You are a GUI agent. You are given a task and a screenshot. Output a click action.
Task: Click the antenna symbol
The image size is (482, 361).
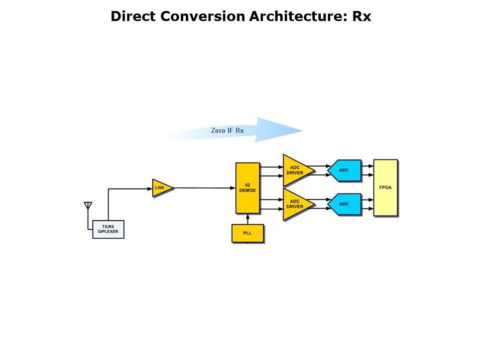pyautogui.click(x=88, y=206)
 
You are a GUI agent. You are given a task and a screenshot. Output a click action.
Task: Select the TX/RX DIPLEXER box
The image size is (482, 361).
pyautogui.click(x=108, y=229)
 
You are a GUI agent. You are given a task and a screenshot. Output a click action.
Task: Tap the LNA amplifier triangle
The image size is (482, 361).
pyautogui.click(x=162, y=188)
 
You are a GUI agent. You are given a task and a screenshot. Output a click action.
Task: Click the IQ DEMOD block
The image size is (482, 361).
pyautogui.click(x=248, y=188)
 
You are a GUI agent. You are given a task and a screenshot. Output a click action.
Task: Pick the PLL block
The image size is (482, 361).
pyautogui.click(x=248, y=233)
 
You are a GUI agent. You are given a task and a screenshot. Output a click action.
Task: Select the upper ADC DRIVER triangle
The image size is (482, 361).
pyautogui.click(x=296, y=170)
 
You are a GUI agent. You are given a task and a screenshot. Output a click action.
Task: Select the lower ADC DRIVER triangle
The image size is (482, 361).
pyautogui.click(x=296, y=204)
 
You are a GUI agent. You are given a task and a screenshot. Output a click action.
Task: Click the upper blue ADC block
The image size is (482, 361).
pyautogui.click(x=345, y=170)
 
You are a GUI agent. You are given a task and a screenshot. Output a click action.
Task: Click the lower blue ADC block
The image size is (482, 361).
pyautogui.click(x=345, y=204)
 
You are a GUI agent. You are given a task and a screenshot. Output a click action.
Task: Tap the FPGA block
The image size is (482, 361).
pyautogui.click(x=385, y=188)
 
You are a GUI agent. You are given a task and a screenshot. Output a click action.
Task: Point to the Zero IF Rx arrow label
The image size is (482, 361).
pyautogui.click(x=227, y=130)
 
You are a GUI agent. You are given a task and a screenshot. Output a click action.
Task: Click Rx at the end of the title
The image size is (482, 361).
pyautogui.click(x=361, y=17)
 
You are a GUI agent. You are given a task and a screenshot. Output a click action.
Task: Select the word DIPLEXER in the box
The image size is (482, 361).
pyautogui.click(x=108, y=232)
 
